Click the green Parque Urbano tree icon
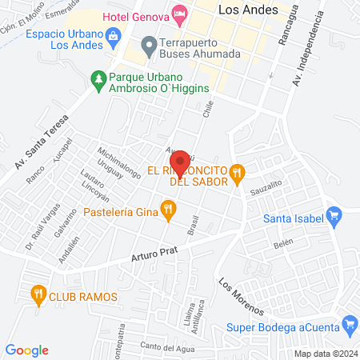98,78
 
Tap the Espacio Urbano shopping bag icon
113,37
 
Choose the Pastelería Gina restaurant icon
168,211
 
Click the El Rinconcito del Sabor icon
236,172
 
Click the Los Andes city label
248,10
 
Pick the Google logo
27,350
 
